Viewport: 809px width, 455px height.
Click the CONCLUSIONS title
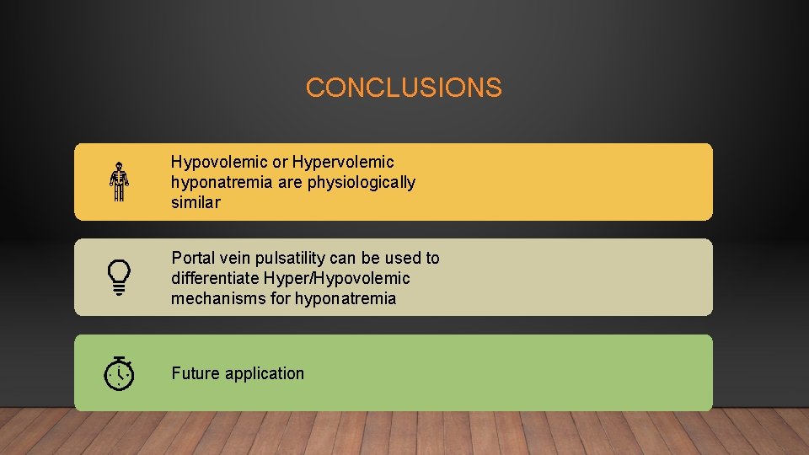tap(404, 88)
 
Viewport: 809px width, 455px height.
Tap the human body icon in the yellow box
tap(119, 181)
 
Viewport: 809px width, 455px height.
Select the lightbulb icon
tap(119, 277)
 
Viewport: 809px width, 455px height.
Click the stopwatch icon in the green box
tap(119, 372)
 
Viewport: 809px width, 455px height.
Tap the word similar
tap(195, 202)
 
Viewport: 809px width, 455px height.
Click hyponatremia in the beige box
tap(345, 298)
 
